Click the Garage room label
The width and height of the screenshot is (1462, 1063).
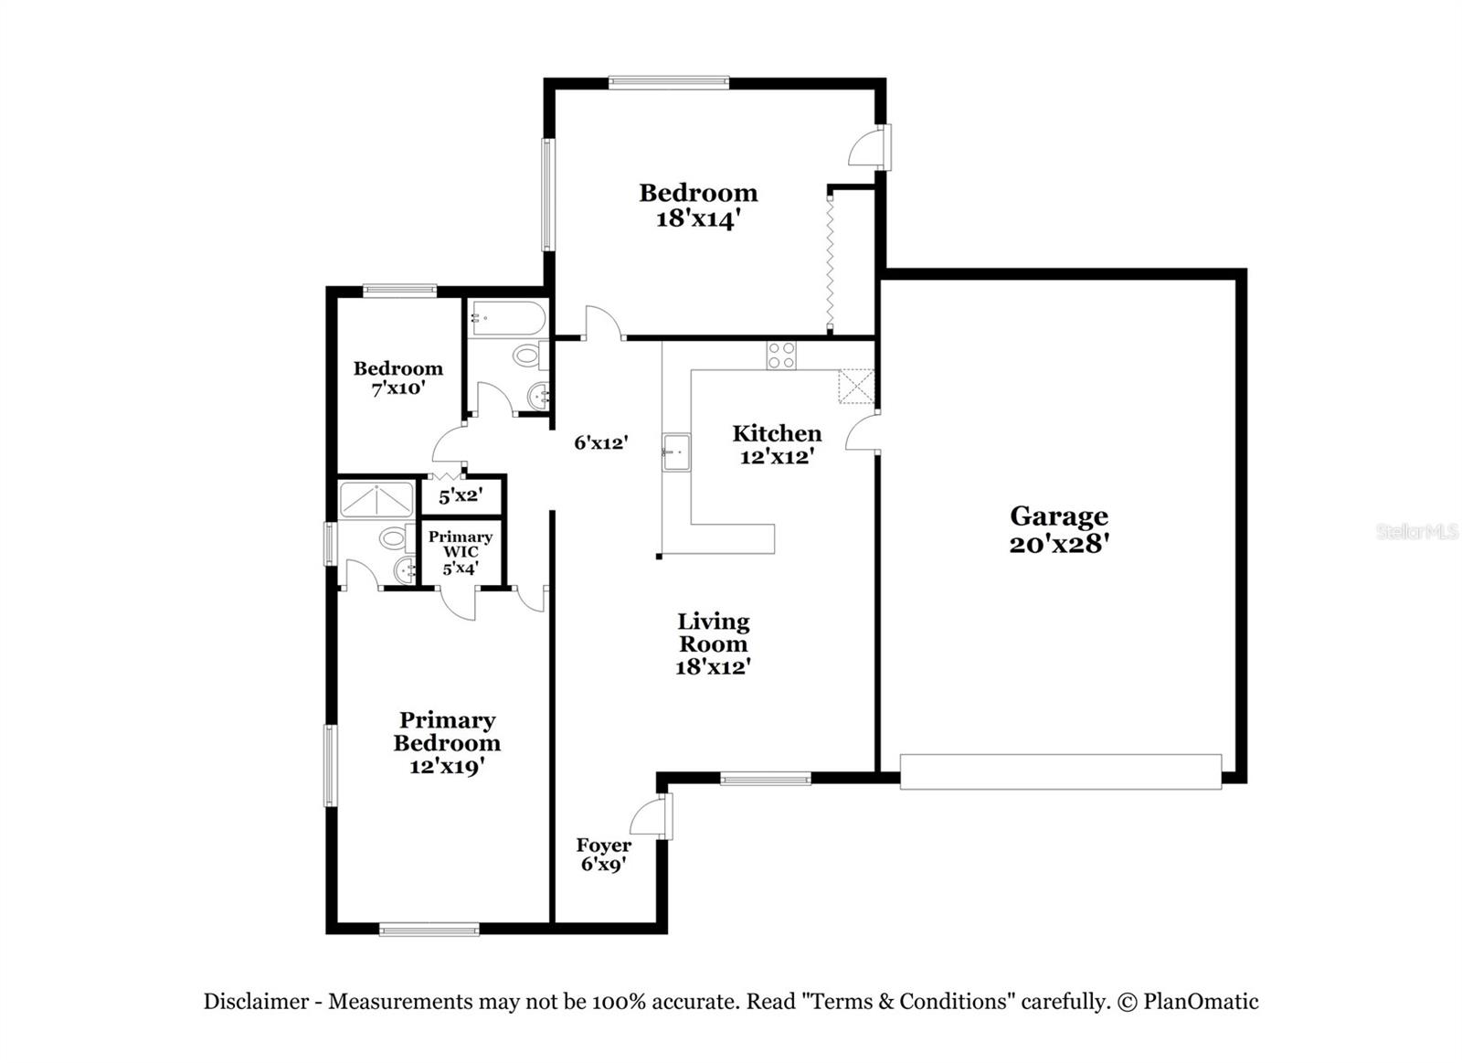point(1058,516)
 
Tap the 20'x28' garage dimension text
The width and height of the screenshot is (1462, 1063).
point(1058,544)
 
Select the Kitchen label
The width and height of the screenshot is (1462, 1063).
point(777,433)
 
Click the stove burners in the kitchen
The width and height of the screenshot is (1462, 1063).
point(781,355)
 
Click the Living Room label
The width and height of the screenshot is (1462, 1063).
point(713,632)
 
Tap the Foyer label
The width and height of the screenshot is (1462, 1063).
point(603,845)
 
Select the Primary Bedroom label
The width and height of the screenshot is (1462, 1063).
point(447,731)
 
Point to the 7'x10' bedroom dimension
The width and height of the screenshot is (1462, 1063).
point(398,388)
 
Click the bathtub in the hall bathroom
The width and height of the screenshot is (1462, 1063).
point(507,319)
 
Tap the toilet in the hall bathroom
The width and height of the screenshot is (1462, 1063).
point(527,355)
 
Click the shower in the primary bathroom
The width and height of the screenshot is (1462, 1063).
point(376,500)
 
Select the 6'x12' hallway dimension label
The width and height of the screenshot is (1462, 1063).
point(601,443)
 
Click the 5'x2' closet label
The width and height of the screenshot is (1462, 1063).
point(461,497)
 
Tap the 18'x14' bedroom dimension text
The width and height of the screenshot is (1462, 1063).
point(697,219)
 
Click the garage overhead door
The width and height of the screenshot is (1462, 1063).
point(1060,771)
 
